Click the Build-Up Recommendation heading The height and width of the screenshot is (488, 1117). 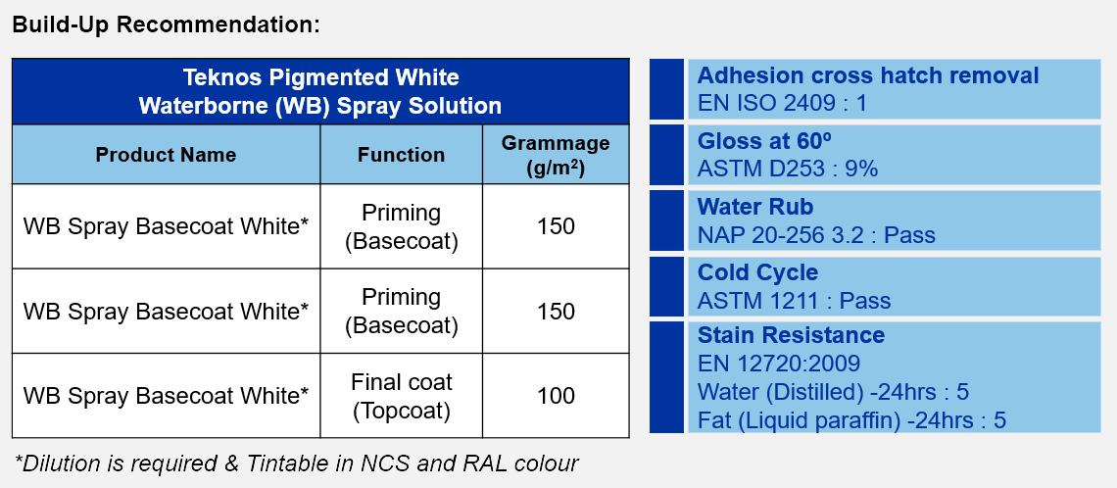pos(167,24)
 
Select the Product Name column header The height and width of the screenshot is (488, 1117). pos(166,155)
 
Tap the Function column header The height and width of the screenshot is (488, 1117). pos(401,155)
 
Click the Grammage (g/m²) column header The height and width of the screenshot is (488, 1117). pos(556,155)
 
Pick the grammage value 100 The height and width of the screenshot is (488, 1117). pos(556,395)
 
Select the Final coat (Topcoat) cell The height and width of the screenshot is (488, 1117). pos(401,396)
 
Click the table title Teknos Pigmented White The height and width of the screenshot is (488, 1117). pos(320,77)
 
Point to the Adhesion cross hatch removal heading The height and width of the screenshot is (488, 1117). pos(868,75)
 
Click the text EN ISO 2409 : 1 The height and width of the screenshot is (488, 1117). pos(782,104)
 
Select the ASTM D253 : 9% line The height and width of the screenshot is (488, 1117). pos(788,169)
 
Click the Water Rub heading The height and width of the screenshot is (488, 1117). pos(755,207)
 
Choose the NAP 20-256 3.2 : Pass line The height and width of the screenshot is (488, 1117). pos(816,235)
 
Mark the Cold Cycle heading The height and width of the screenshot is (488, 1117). pos(758,272)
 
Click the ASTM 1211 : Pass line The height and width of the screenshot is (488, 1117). pos(795,301)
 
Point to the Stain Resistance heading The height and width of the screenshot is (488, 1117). pos(791,335)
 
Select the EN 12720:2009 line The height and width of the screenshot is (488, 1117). pos(779,364)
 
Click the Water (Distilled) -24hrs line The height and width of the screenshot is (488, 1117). pos(834,392)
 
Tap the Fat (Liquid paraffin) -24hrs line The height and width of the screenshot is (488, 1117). pos(852,420)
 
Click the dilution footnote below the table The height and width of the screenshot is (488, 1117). pos(296,464)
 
